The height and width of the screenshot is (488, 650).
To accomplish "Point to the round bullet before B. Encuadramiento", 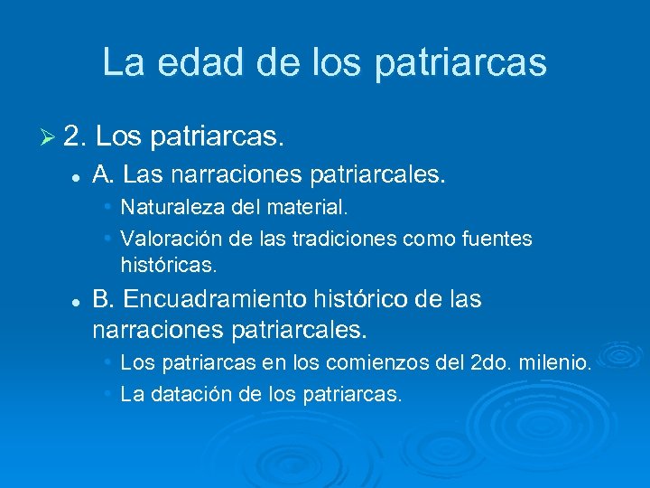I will pyautogui.click(x=79, y=300).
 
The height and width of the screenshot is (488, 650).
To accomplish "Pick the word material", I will pyautogui.click(x=310, y=208).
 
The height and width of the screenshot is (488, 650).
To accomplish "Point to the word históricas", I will pyautogui.click(x=169, y=267).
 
